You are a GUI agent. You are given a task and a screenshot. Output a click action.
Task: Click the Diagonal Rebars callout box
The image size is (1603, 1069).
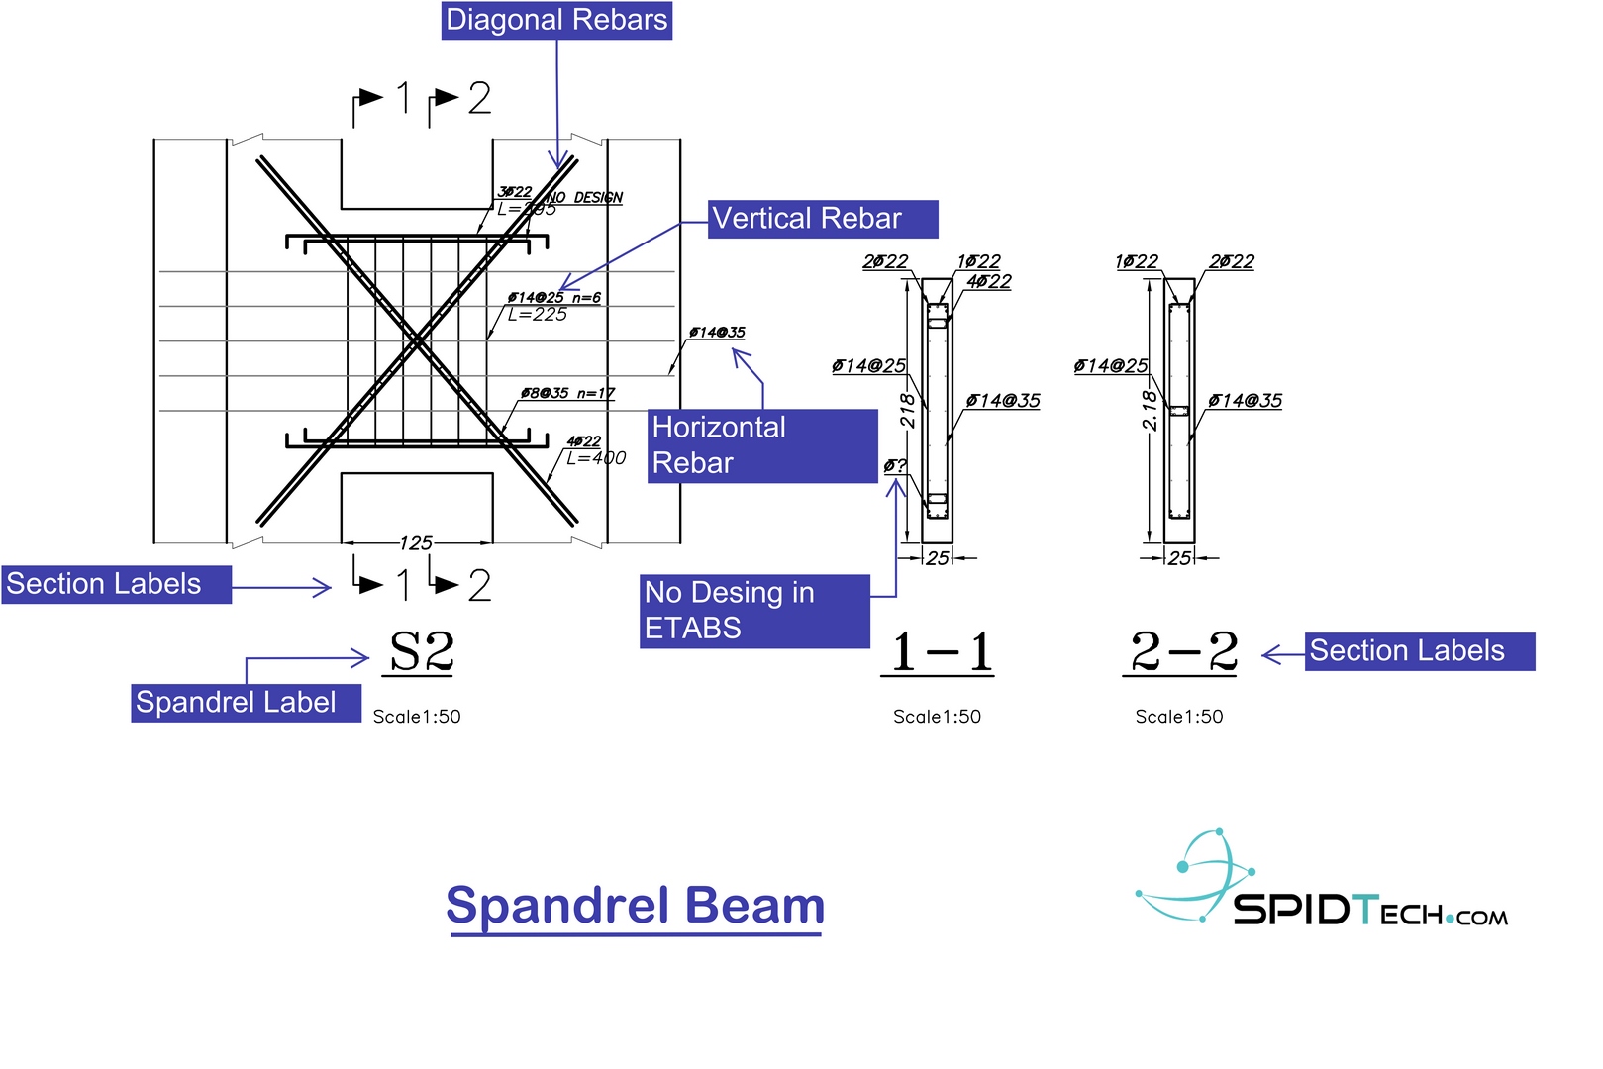(x=556, y=21)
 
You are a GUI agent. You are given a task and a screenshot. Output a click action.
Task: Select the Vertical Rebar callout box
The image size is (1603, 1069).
(x=823, y=219)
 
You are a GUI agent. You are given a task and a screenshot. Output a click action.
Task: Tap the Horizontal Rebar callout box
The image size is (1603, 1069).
(x=761, y=445)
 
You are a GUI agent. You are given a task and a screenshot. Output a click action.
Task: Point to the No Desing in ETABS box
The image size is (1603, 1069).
(x=754, y=611)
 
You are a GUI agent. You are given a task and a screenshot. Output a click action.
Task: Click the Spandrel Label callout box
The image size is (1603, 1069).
(x=246, y=703)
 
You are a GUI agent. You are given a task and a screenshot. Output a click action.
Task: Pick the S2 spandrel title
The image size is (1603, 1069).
(x=421, y=652)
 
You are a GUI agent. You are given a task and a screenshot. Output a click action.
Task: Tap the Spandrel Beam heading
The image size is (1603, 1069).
(x=635, y=906)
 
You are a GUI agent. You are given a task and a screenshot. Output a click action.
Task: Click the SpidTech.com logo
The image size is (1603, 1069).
(x=1322, y=880)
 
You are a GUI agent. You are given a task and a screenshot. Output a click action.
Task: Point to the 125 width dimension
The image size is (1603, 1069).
(x=416, y=543)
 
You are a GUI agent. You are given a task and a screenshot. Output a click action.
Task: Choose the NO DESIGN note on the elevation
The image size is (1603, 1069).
(x=585, y=198)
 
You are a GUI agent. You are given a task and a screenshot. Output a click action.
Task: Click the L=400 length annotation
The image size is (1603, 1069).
(x=596, y=458)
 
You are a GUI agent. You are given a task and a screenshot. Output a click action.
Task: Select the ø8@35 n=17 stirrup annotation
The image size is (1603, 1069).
(x=567, y=393)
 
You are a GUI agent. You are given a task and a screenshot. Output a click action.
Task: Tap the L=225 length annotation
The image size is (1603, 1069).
(x=538, y=315)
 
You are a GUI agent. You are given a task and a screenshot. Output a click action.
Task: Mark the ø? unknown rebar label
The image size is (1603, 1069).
(x=895, y=465)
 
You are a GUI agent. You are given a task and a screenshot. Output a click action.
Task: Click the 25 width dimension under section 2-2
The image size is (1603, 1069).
(x=1179, y=558)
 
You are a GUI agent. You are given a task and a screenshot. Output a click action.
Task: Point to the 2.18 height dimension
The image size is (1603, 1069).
(x=1150, y=410)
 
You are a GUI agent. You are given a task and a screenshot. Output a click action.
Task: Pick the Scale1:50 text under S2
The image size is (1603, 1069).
(x=417, y=717)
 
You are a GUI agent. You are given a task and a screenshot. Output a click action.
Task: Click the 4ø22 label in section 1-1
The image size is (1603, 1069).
(x=989, y=281)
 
